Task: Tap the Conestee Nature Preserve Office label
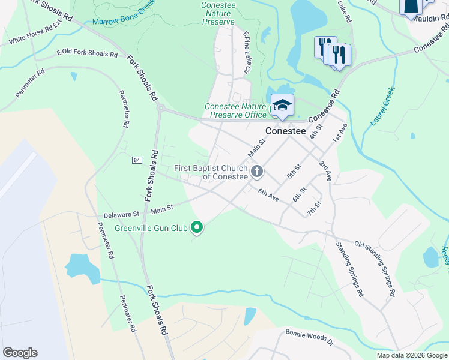pyautogui.click(x=235, y=110)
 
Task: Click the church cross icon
pyautogui.click(x=257, y=172)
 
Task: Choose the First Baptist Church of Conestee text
pyautogui.click(x=211, y=172)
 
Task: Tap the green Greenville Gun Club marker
pyautogui.click(x=196, y=227)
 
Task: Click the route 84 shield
pyautogui.click(x=137, y=160)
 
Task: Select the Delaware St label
pyautogui.click(x=121, y=213)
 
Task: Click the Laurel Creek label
pyautogui.click(x=382, y=107)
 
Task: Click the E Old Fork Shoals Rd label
pyautogui.click(x=87, y=53)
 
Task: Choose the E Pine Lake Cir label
pyautogui.click(x=246, y=53)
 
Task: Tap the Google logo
pyautogui.click(x=20, y=353)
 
